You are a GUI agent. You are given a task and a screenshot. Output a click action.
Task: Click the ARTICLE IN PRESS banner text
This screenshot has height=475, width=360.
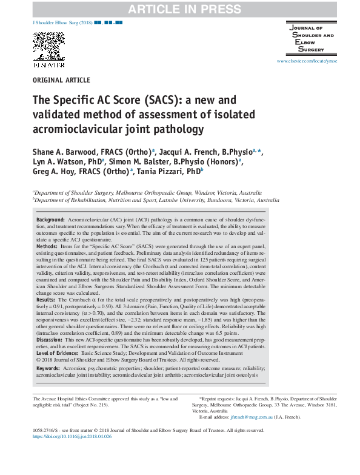[179, 7]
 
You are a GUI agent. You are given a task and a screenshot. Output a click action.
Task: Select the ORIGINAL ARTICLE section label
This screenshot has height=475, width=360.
[61, 80]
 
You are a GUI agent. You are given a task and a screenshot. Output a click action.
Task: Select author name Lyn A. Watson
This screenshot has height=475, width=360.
[59, 161]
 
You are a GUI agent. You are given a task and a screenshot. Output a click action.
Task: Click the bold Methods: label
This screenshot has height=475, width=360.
[48, 248]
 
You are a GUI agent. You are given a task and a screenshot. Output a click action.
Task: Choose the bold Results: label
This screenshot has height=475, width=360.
[47, 300]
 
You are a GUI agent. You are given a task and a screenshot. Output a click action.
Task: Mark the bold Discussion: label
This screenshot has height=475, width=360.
[51, 340]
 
